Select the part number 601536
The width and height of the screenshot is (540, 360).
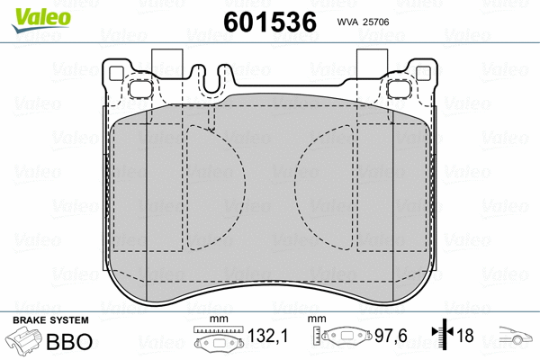pos(268,22)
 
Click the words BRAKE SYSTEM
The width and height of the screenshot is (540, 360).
pos(49,320)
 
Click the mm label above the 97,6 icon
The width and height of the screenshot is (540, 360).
pos(316,319)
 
